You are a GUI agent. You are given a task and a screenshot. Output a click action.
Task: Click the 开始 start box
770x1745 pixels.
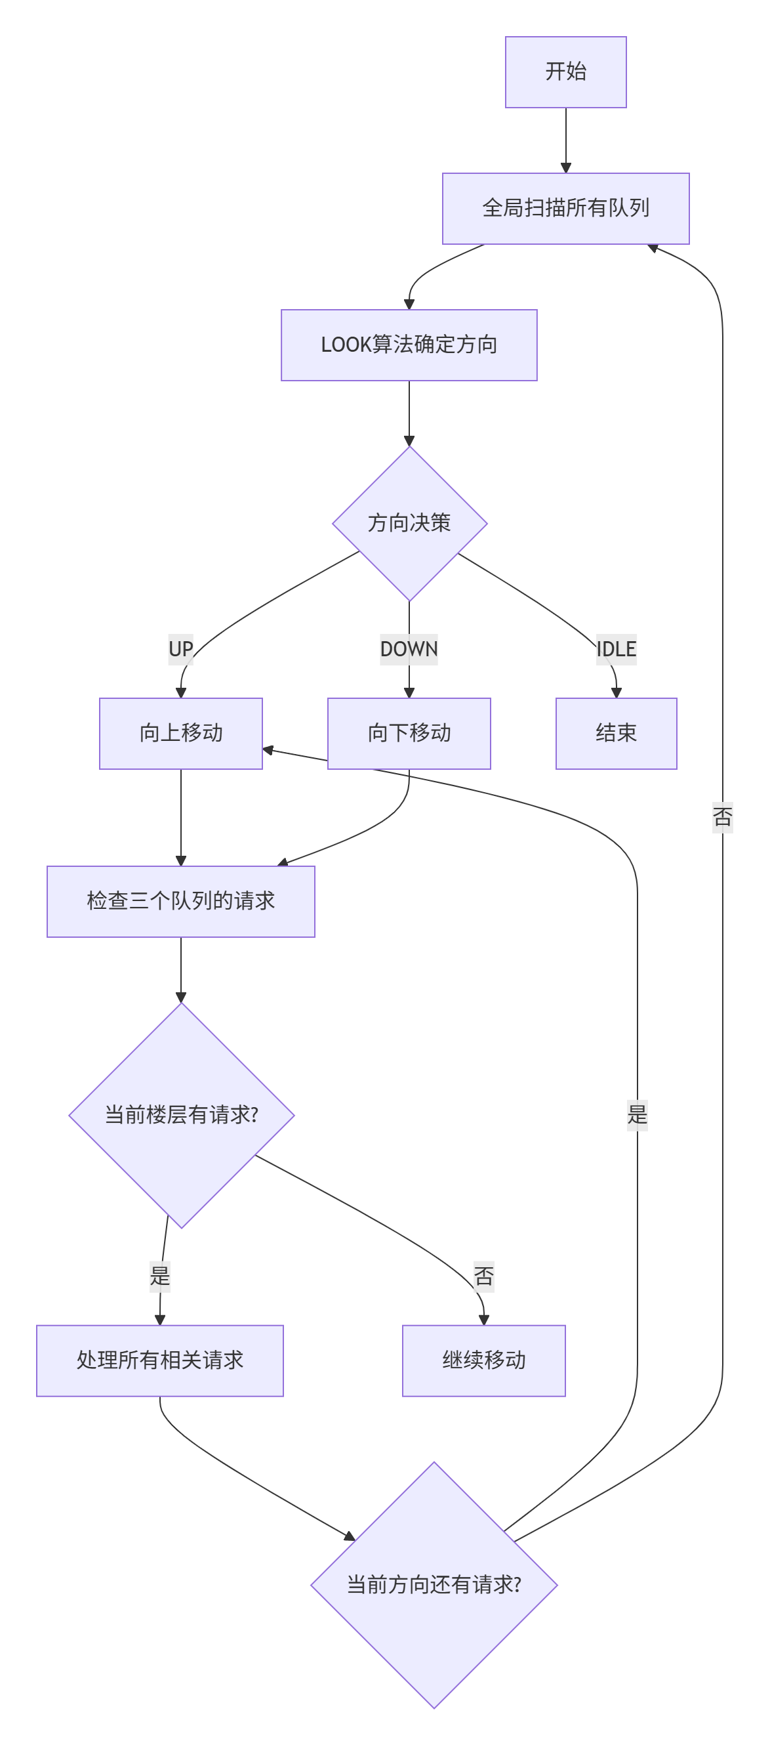click(x=565, y=72)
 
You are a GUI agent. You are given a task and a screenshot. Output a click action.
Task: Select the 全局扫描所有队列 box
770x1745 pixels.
click(x=565, y=208)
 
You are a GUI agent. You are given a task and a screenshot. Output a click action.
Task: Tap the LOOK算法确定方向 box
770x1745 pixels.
click(x=409, y=345)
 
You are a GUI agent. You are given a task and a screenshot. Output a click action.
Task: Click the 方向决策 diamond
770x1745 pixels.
click(x=409, y=523)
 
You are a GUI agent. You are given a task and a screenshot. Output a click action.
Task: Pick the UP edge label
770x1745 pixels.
click(x=181, y=649)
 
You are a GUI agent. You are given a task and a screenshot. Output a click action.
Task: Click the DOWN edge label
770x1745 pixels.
click(x=409, y=649)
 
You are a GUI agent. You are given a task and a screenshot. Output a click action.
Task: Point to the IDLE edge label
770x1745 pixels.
click(x=616, y=649)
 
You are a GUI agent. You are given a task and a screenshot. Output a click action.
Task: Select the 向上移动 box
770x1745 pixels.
click(x=181, y=733)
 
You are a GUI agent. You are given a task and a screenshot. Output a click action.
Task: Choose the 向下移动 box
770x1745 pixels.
click(x=409, y=733)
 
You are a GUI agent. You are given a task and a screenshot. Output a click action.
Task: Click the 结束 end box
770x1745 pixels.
click(x=616, y=733)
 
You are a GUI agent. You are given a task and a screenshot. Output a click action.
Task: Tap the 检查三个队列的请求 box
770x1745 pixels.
click(x=181, y=901)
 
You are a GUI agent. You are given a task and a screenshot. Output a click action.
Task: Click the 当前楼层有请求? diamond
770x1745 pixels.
click(x=181, y=1115)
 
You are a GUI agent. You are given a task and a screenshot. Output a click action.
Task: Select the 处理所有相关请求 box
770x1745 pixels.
click(x=160, y=1360)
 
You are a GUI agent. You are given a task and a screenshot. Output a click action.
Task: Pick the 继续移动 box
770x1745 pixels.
click(x=483, y=1360)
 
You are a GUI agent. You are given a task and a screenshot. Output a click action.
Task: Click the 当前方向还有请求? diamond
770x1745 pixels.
click(x=434, y=1584)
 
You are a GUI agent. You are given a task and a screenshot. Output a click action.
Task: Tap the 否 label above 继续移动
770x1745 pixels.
click(x=483, y=1276)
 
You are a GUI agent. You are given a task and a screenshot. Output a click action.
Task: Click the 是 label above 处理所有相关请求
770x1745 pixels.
click(x=160, y=1276)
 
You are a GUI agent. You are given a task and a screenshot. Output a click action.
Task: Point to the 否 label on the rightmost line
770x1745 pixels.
click(x=722, y=817)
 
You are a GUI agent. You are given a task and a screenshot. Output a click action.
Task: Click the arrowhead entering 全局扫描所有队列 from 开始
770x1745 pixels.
click(x=565, y=168)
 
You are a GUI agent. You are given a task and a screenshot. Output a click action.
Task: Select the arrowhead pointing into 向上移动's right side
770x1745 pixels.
click(x=268, y=750)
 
